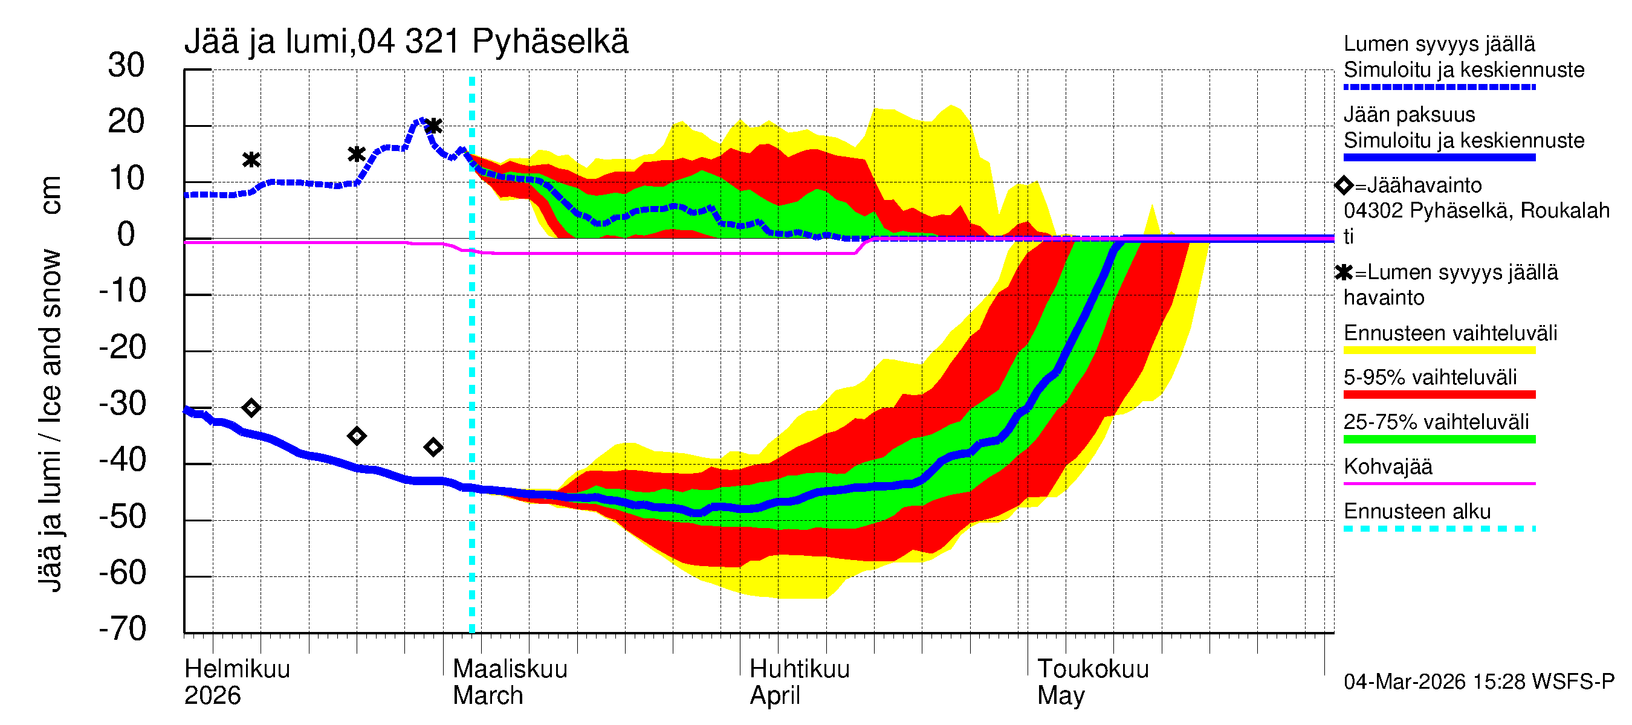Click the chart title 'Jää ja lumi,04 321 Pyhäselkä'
click(406, 42)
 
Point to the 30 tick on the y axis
click(126, 65)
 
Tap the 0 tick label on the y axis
click(126, 234)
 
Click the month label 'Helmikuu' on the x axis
click(237, 669)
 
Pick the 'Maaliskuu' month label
click(510, 669)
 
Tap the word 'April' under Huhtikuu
click(775, 695)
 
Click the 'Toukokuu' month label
click(1092, 669)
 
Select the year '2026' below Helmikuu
click(212, 695)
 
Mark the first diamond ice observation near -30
click(251, 407)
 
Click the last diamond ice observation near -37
click(433, 447)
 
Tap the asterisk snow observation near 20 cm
click(433, 126)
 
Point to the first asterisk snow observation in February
click(251, 159)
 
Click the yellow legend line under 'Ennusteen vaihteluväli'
click(1439, 350)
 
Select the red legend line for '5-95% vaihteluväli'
click(1439, 395)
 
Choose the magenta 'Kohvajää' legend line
click(1439, 483)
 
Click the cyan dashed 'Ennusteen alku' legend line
click(1439, 528)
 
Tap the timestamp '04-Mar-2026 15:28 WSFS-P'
click(1478, 681)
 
